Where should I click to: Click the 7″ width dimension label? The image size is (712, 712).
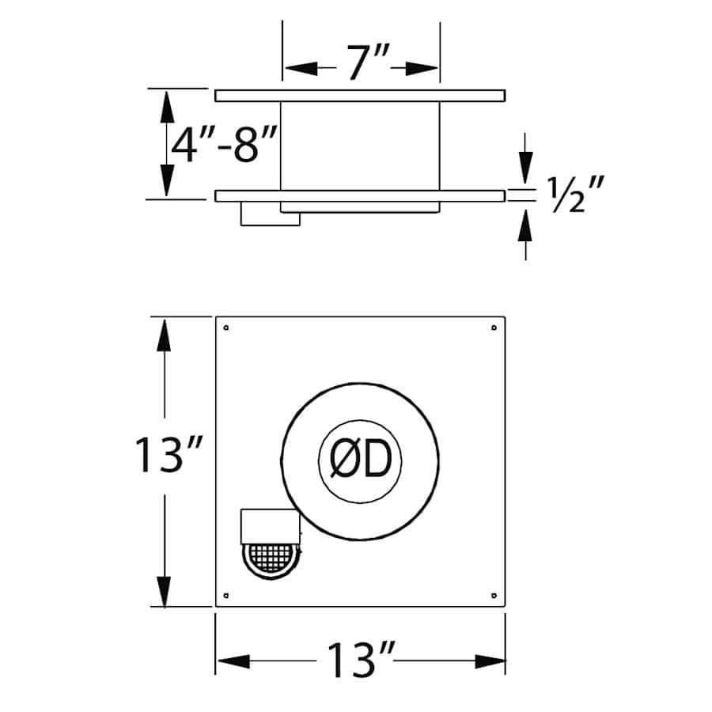tap(368, 62)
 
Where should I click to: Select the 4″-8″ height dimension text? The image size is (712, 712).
tap(224, 145)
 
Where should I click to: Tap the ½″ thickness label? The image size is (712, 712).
tap(576, 195)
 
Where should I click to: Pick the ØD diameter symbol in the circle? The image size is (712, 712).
tap(361, 461)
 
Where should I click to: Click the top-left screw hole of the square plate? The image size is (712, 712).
tap(226, 328)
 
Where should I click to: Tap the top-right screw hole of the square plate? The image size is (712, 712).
tap(494, 328)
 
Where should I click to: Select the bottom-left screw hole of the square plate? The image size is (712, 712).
tap(226, 595)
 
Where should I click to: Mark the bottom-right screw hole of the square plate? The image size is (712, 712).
tap(494, 595)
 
